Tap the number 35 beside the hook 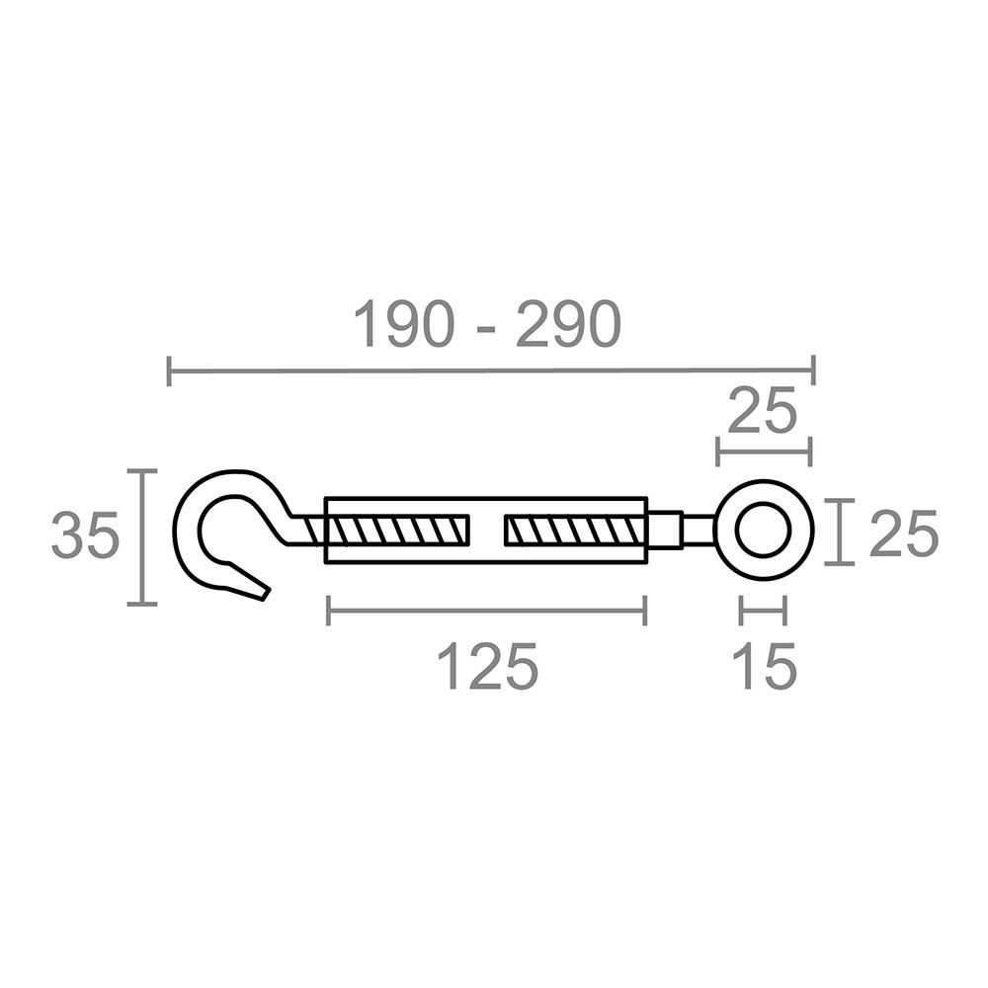click(86, 536)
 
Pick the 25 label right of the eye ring click(902, 535)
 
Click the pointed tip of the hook click(262, 594)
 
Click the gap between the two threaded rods click(485, 532)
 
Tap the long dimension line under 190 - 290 click(491, 371)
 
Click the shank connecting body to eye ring click(692, 529)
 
